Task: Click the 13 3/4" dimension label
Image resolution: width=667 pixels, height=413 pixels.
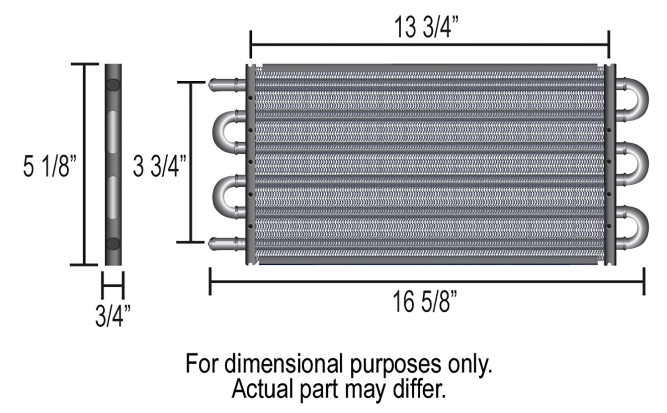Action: click(426, 28)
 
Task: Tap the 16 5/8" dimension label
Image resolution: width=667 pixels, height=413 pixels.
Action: click(425, 303)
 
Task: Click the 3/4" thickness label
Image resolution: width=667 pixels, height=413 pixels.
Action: click(113, 316)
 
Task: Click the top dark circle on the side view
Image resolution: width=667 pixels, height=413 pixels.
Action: click(113, 85)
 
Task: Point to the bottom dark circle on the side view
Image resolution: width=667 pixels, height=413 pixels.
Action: click(113, 243)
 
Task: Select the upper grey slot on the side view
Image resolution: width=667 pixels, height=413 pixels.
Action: click(113, 131)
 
